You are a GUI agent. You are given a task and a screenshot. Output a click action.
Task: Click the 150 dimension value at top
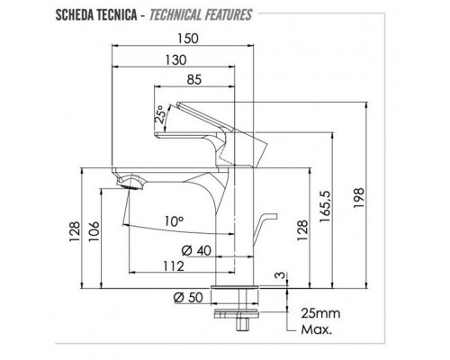188,39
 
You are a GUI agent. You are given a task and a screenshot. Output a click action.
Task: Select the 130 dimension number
175,59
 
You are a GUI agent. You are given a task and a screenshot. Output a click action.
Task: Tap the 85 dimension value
194,80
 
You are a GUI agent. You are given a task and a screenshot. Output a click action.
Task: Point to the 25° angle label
160,114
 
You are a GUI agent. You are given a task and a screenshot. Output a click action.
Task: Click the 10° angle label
174,221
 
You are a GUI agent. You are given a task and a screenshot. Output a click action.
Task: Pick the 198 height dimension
358,198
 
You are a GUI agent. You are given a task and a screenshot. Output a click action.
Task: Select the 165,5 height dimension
325,206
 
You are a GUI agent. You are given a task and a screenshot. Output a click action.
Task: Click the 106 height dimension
94,231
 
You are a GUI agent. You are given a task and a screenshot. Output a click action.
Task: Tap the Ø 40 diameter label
196,250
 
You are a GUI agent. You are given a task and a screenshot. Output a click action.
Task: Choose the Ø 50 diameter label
188,297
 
